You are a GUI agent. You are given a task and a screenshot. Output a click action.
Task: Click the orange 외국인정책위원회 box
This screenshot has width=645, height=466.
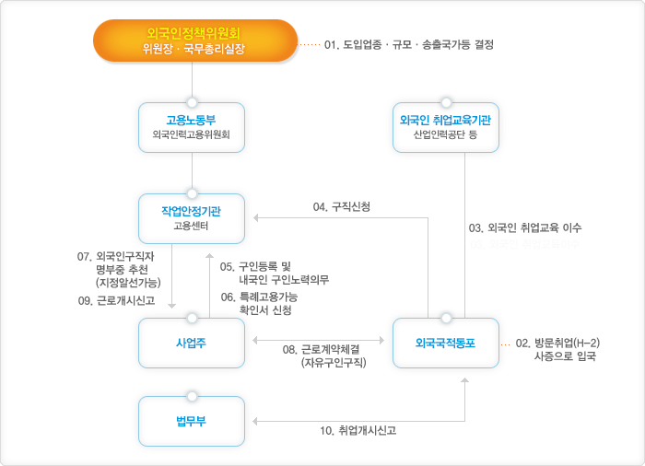(x=194, y=42)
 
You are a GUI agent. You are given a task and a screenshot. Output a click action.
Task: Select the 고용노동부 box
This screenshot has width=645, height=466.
(x=192, y=126)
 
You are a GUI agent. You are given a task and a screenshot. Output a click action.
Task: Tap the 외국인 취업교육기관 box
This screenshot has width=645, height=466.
(x=446, y=126)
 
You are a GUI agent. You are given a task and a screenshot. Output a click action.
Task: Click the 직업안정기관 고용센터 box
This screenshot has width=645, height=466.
(x=192, y=217)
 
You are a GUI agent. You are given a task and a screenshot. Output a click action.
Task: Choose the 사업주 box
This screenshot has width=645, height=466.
(x=192, y=342)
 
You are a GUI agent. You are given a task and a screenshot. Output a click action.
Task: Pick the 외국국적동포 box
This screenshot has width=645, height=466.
(x=446, y=342)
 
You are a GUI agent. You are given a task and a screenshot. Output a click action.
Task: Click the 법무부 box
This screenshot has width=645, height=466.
(x=192, y=421)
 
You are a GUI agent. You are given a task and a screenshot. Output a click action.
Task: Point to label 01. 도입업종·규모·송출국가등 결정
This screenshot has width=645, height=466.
(x=409, y=43)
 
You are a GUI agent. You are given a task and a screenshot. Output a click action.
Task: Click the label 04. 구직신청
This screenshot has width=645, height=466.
(x=342, y=207)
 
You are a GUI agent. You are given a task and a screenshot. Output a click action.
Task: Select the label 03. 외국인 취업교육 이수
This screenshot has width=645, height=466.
(x=524, y=227)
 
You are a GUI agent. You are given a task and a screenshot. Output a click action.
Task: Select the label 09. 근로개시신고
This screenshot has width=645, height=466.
(x=116, y=300)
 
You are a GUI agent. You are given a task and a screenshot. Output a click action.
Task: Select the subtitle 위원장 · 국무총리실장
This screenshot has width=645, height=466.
(x=194, y=49)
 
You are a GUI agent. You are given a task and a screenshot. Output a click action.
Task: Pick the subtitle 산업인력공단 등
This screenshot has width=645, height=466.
(x=446, y=135)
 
